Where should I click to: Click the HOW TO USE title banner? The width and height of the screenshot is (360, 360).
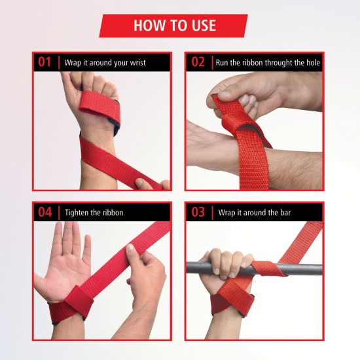tap(174, 26)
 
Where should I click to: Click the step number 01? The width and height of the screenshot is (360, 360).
tap(45, 62)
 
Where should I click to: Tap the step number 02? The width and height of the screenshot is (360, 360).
tap(198, 62)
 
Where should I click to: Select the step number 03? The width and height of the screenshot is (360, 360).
tap(198, 212)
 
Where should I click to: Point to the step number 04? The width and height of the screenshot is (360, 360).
tap(45, 212)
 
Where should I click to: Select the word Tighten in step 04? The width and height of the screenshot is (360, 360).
tap(79, 213)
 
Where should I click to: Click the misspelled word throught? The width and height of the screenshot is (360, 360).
tap(268, 63)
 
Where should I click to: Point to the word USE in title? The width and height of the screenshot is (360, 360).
tap(200, 26)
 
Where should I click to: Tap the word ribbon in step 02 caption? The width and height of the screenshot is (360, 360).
tap(243, 63)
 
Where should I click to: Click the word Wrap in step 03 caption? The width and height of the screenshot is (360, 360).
tap(226, 213)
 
